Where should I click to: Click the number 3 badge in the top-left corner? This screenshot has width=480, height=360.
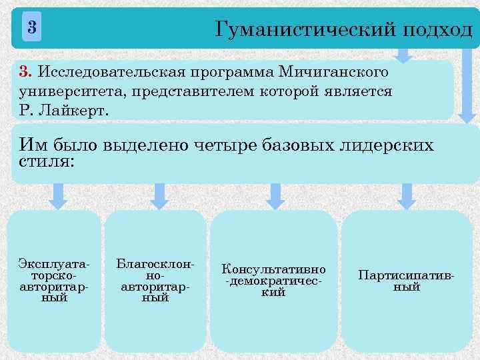(31, 28)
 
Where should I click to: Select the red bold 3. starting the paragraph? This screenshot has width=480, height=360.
(25, 71)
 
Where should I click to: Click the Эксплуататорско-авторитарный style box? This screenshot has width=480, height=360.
(55, 281)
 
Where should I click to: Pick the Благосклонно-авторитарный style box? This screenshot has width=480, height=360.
(155, 281)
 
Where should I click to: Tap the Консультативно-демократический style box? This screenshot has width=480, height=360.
(273, 281)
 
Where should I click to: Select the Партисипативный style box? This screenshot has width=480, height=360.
(407, 281)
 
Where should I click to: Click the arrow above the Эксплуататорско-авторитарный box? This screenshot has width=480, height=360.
(59, 196)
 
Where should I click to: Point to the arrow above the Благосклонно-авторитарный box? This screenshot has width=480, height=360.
(159, 196)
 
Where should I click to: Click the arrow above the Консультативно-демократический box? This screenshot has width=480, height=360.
(275, 196)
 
